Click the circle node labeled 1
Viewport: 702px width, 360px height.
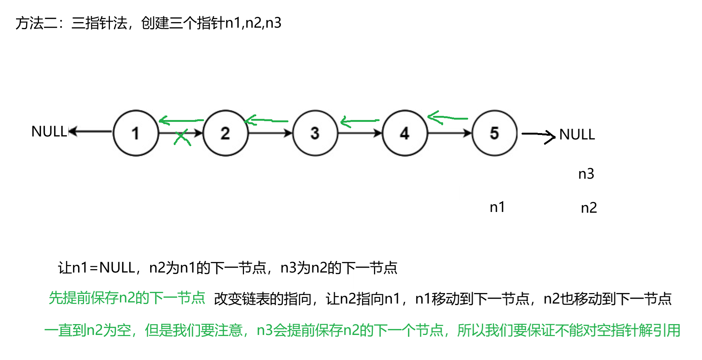tap(136, 133)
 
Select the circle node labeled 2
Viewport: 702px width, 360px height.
tap(225, 133)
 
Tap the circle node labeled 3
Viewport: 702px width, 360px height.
tap(315, 133)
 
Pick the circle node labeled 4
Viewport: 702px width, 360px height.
tap(405, 133)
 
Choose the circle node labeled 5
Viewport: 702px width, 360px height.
tap(494, 133)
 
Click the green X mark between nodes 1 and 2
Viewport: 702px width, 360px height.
tap(182, 138)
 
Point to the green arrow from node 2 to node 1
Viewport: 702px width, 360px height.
tap(181, 121)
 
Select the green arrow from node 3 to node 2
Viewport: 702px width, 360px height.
tap(266, 120)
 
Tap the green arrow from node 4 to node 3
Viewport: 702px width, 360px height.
tap(359, 121)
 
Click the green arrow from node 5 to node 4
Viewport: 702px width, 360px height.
tap(447, 118)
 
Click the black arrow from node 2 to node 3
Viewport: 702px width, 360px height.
tap(270, 133)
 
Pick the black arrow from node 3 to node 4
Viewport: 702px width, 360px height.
tap(360, 133)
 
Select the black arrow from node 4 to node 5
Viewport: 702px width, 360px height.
tap(450, 133)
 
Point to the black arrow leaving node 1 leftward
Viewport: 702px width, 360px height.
tap(90, 131)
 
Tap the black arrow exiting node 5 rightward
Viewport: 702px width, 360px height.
tap(537, 135)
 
